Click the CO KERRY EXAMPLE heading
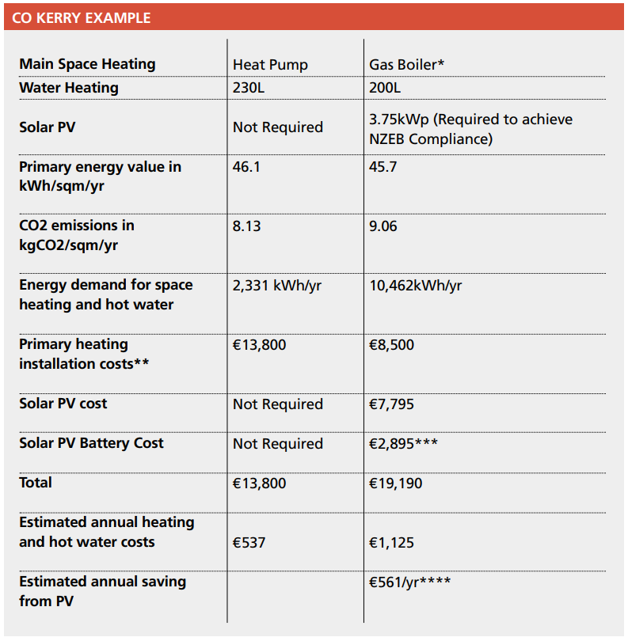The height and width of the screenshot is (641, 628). click(81, 18)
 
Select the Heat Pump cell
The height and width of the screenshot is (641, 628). click(270, 65)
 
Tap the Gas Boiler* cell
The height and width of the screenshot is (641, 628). click(407, 65)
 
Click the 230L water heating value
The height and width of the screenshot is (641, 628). click(249, 88)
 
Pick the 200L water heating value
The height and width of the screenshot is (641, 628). click(385, 88)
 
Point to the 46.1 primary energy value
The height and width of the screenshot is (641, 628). click(246, 167)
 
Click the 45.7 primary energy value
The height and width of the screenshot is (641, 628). click(383, 167)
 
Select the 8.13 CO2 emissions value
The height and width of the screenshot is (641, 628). click(247, 226)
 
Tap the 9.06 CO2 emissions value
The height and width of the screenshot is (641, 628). click(383, 226)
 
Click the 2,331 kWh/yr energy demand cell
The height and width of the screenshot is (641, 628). click(277, 286)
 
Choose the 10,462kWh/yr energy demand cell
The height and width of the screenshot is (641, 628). click(416, 286)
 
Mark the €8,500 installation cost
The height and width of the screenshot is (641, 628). click(391, 345)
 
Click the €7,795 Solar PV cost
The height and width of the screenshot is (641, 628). click(391, 404)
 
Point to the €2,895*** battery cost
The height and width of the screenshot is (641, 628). click(403, 443)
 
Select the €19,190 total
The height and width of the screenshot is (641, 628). click(396, 484)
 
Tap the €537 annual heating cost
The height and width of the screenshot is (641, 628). click(249, 543)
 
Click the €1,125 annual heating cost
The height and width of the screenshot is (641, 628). click(391, 543)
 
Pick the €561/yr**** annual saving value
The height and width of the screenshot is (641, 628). click(410, 582)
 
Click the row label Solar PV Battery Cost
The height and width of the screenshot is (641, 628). click(91, 443)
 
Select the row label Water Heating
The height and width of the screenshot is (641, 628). click(69, 88)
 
